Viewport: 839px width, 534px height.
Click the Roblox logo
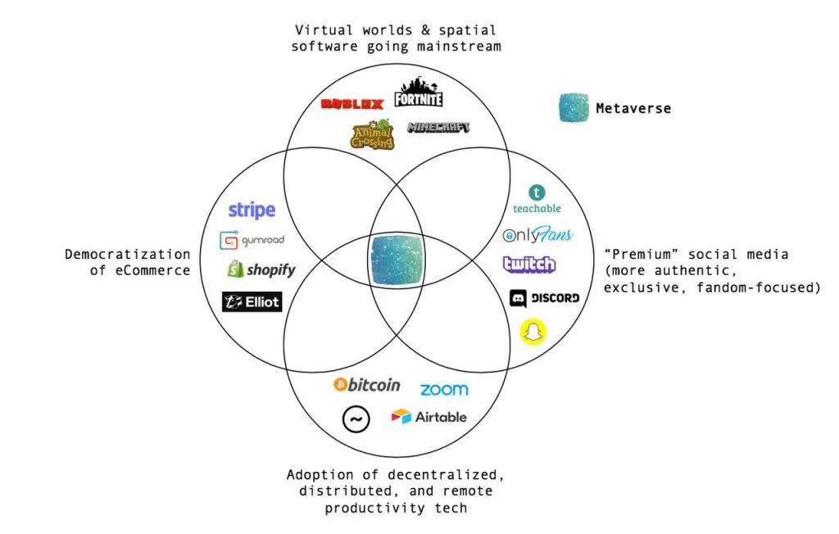[x=352, y=104]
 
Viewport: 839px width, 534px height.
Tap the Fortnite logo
[x=419, y=92]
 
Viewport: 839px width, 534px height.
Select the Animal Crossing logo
[x=373, y=134]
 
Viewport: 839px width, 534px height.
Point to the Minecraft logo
[x=438, y=127]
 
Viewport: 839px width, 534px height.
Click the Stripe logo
[x=252, y=210]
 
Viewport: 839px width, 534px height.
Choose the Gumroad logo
[x=252, y=240]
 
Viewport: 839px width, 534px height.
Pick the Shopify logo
[x=261, y=269]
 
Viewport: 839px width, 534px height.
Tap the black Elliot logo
[x=252, y=301]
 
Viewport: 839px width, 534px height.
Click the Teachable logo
[x=537, y=199]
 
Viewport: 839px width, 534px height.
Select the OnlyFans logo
[x=537, y=234]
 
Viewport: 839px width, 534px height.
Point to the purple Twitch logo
[x=529, y=265]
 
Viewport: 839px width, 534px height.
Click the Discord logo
[x=544, y=298]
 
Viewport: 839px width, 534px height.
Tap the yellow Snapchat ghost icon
[x=533, y=332]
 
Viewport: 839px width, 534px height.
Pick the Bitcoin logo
[x=366, y=385]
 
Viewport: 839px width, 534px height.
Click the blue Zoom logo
[x=444, y=390]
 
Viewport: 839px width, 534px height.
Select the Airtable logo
[x=429, y=417]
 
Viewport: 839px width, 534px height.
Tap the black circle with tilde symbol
[x=356, y=419]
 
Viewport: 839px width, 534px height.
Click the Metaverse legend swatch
[x=574, y=107]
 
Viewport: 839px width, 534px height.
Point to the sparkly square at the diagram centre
[x=397, y=260]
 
